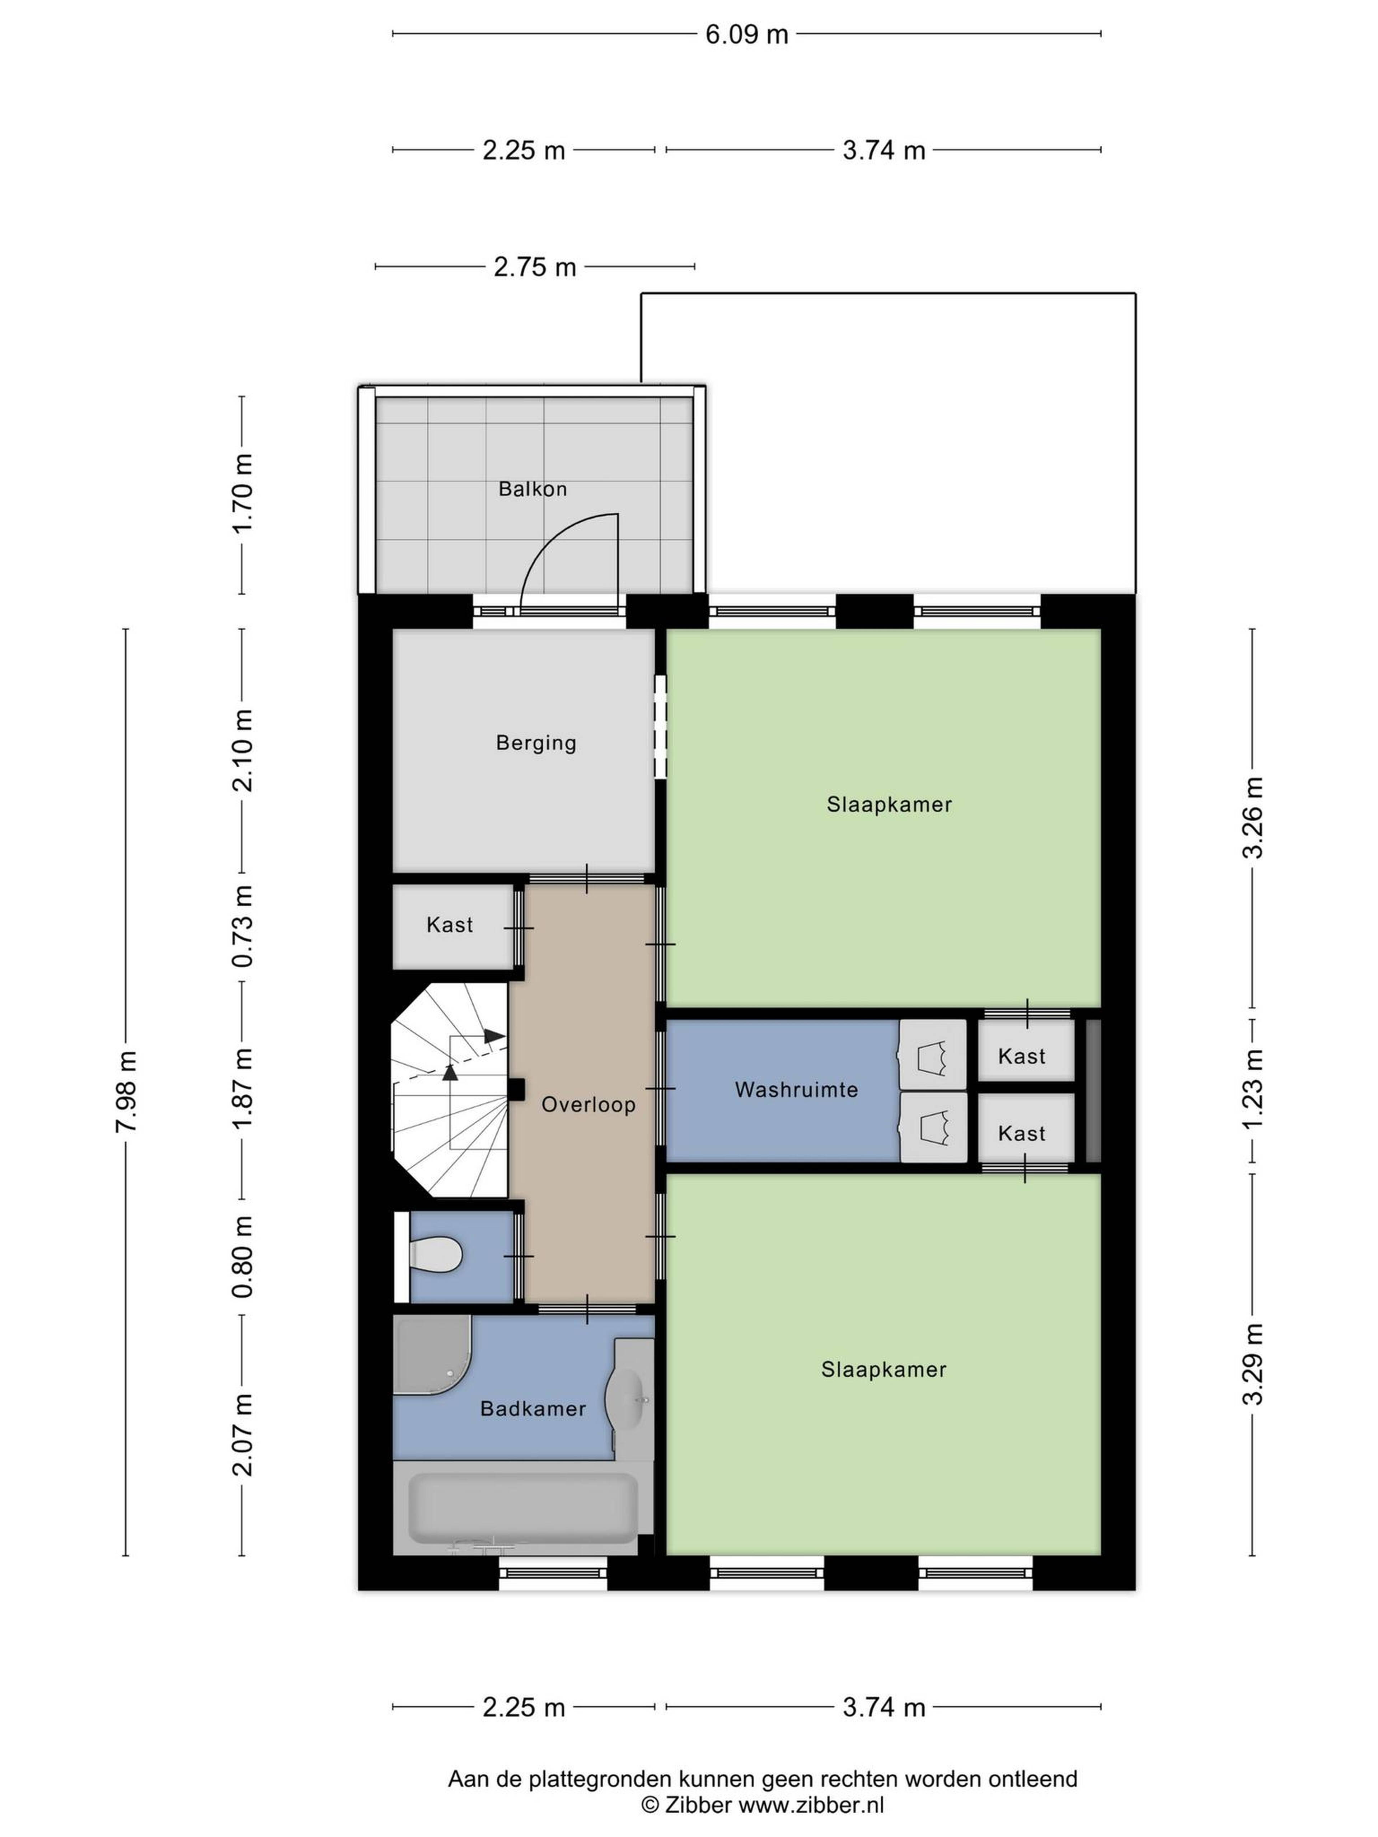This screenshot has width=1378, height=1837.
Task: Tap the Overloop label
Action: pyautogui.click(x=588, y=1104)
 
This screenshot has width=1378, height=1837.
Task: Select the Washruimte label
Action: pyautogui.click(x=796, y=1090)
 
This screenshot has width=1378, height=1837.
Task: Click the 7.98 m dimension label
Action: pyautogui.click(x=127, y=1091)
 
